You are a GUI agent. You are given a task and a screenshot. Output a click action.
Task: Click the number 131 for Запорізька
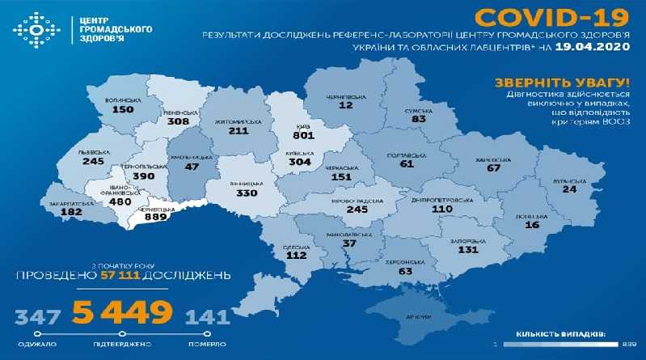tap(467, 251)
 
